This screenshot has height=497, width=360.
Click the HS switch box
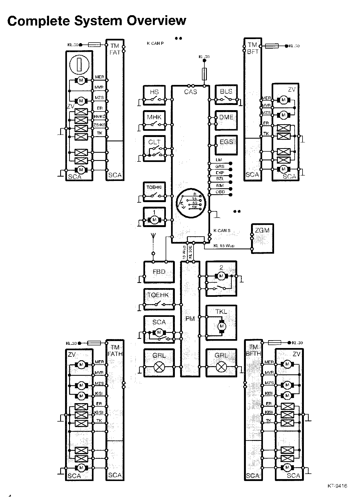click(x=154, y=95)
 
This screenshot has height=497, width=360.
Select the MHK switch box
click(x=154, y=120)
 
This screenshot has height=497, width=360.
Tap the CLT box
click(x=154, y=148)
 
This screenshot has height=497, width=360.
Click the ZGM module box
click(x=262, y=238)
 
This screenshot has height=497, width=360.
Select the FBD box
click(x=159, y=272)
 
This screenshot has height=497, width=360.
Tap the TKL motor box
click(x=221, y=323)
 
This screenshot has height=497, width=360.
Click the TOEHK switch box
click(x=159, y=299)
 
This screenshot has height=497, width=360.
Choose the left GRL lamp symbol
click(x=159, y=367)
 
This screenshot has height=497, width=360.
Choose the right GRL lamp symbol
click(x=221, y=367)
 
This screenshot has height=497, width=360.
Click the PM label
click(x=190, y=319)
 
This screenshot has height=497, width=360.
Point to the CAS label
click(x=191, y=92)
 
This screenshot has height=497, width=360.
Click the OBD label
click(x=220, y=192)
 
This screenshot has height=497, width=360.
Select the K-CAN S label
click(x=222, y=231)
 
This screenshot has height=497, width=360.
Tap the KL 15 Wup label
click(x=224, y=246)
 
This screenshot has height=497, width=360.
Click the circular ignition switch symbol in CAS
click(x=191, y=202)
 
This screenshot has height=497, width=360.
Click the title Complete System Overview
click(x=97, y=21)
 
